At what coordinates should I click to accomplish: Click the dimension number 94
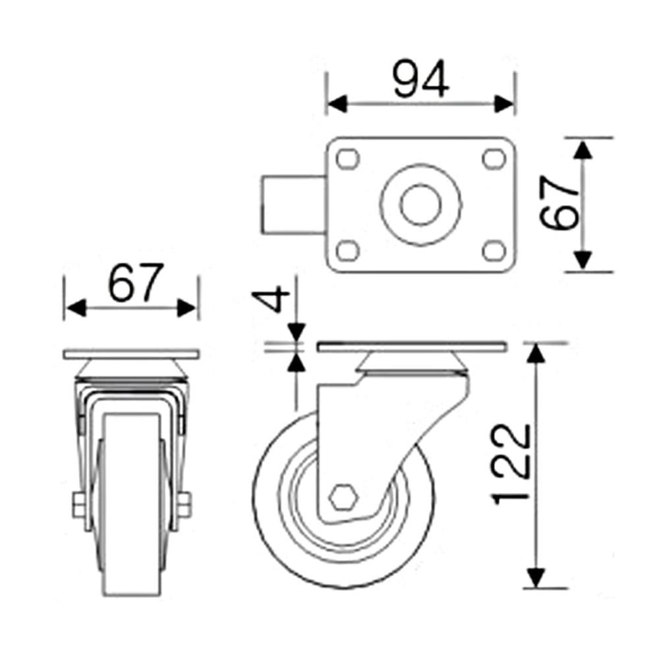[x=420, y=80]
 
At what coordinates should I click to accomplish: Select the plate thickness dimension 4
[x=271, y=299]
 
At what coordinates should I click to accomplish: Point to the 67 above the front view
[x=135, y=283]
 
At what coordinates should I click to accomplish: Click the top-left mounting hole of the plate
[x=348, y=159]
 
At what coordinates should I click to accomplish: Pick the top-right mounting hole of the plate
[x=494, y=159]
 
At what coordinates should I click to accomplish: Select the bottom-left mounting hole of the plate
[x=348, y=251]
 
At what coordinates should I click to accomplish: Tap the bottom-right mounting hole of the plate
[x=494, y=251]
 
